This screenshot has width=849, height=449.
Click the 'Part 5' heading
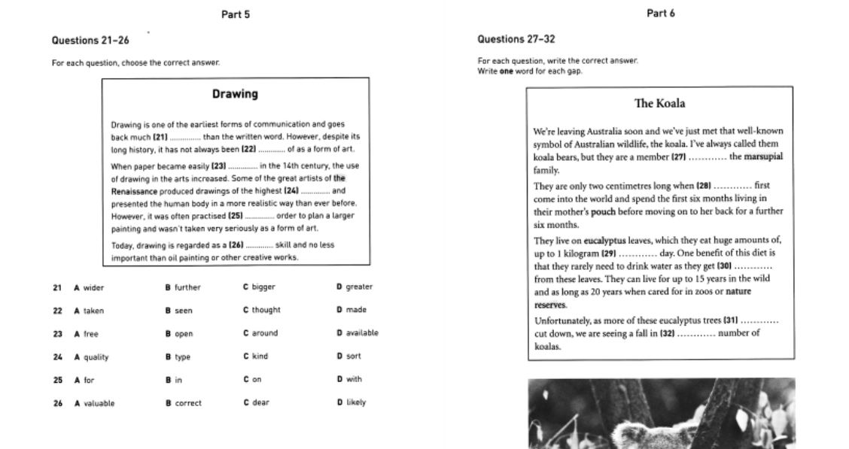click(235, 14)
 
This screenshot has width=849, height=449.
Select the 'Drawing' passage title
click(235, 94)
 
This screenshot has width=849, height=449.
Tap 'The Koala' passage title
click(659, 103)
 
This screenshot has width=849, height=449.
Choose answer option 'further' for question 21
click(187, 287)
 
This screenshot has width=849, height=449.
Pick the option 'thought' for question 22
click(266, 310)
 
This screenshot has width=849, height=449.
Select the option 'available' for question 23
click(362, 333)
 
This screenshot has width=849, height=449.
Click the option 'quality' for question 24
click(96, 357)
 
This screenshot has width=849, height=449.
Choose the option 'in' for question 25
click(178, 380)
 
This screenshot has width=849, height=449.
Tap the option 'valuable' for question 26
click(99, 403)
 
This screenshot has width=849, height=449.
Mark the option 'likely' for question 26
click(356, 402)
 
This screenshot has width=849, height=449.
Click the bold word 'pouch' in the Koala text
click(603, 212)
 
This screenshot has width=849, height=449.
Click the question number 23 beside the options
click(57, 334)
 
